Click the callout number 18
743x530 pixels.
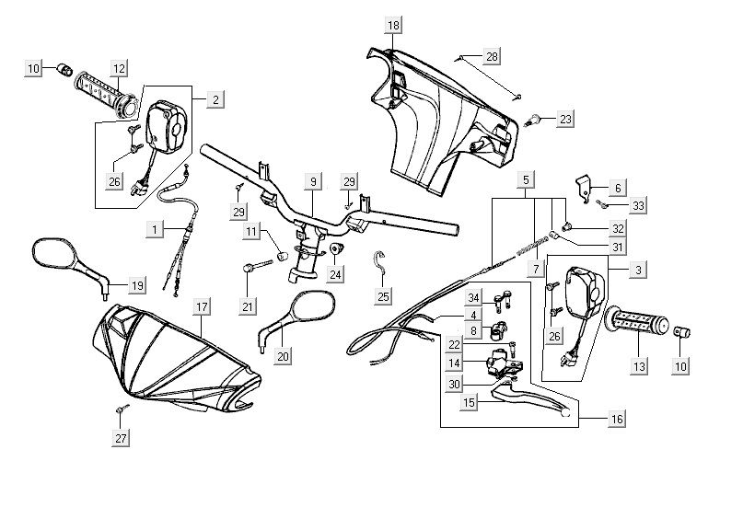(393, 25)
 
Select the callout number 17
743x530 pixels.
(201, 305)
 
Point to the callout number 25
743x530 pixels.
(383, 295)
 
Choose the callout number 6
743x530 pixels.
(617, 187)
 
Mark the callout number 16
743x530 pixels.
(616, 419)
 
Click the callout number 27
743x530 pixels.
(121, 439)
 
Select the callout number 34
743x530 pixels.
(473, 297)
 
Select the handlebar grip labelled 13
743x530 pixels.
(637, 323)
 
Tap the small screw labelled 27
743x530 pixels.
(121, 408)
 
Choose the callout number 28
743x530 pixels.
(492, 58)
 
